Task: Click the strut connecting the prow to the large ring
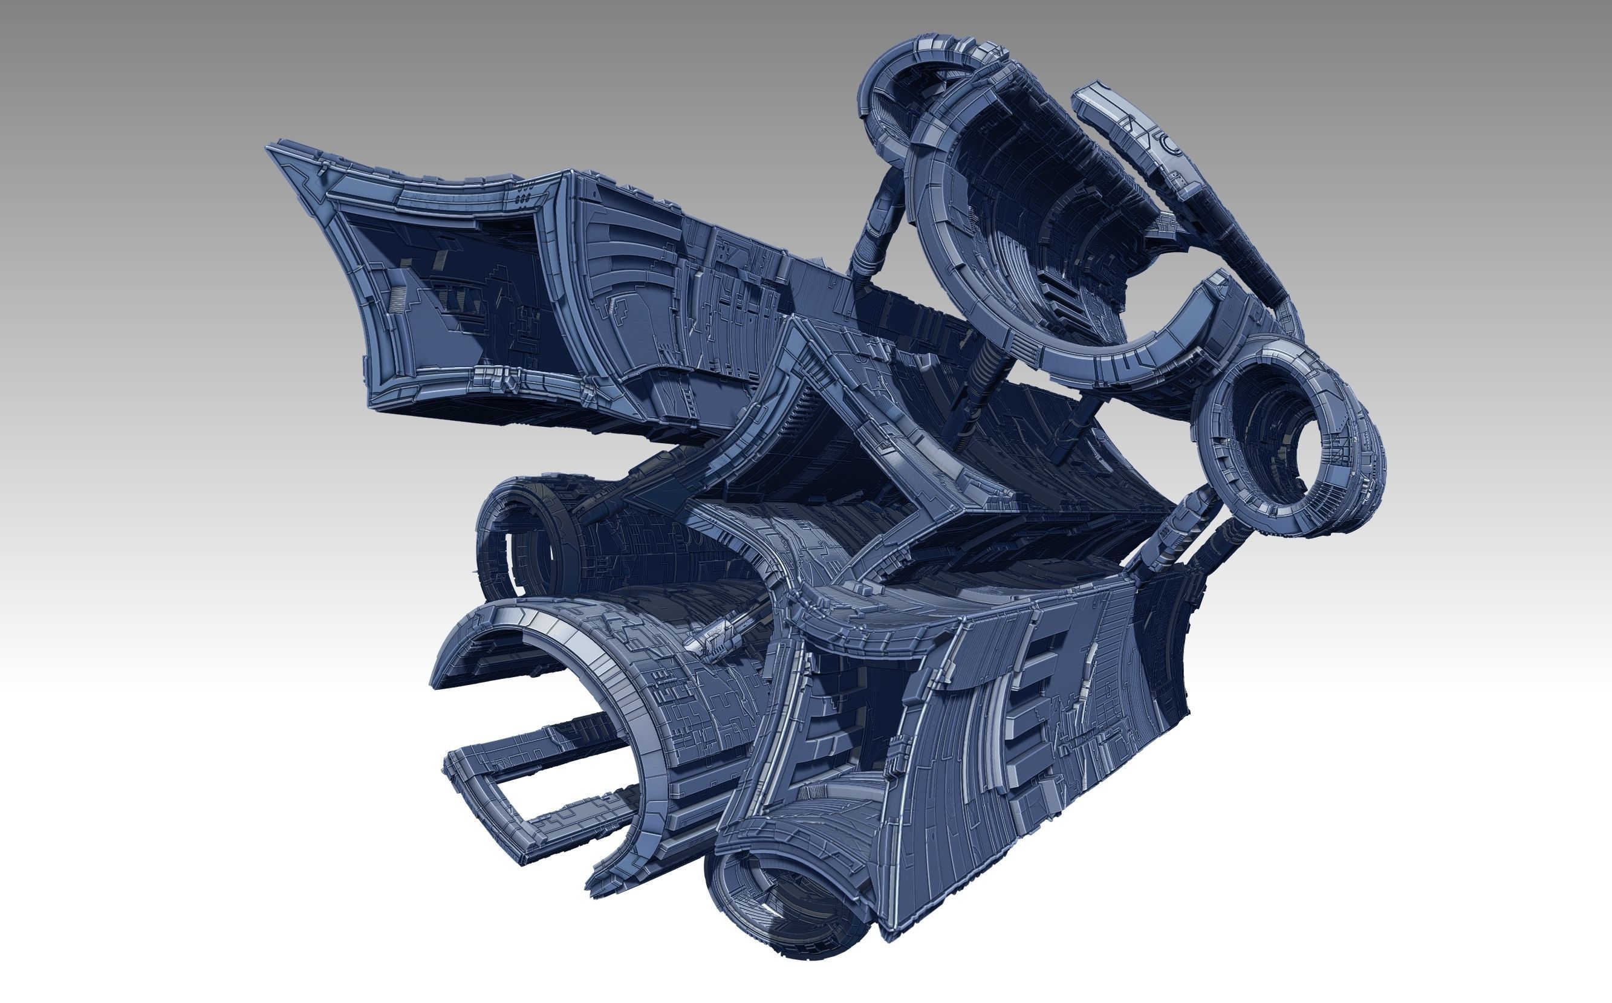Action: (x=876, y=232)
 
